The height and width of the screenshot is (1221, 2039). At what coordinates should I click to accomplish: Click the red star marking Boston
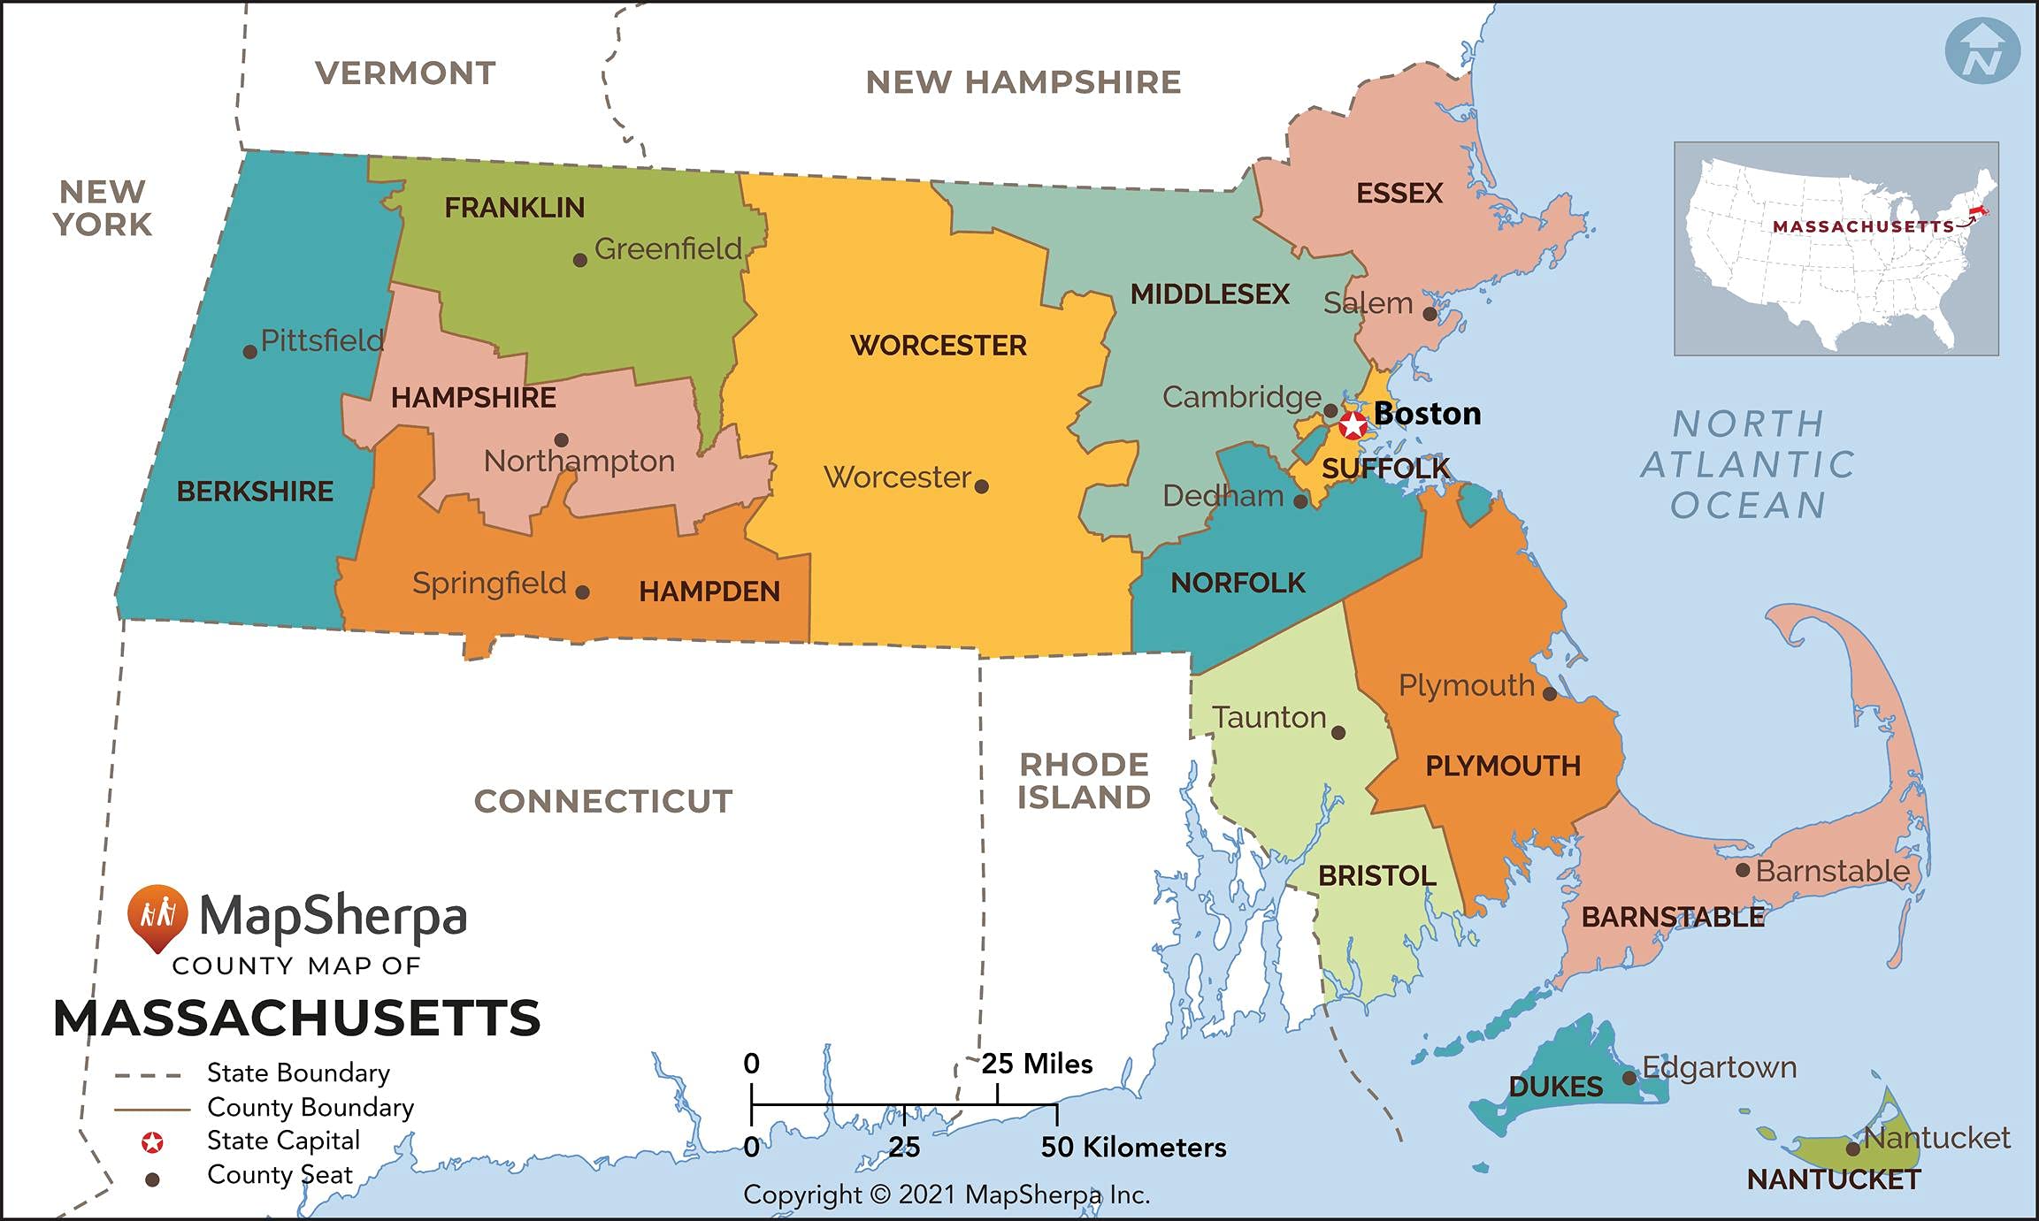pyautogui.click(x=1353, y=425)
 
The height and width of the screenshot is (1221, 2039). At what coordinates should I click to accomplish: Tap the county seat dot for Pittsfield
pyautogui.click(x=250, y=352)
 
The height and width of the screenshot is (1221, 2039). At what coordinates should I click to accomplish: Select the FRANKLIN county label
pyautogui.click(x=514, y=208)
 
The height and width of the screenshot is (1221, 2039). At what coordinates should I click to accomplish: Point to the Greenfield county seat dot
pyautogui.click(x=580, y=260)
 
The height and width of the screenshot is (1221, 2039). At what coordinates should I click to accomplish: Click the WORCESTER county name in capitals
pyautogui.click(x=939, y=345)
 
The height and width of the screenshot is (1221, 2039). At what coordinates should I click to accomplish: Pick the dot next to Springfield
pyautogui.click(x=582, y=592)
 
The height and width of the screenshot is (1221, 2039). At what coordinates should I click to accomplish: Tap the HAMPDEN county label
pyautogui.click(x=709, y=591)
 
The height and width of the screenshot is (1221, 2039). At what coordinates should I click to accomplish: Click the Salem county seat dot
pyautogui.click(x=1430, y=314)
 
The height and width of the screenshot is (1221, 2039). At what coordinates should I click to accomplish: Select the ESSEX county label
pyautogui.click(x=1399, y=193)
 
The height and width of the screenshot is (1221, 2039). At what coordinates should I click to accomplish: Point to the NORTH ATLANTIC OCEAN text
pyautogui.click(x=1748, y=464)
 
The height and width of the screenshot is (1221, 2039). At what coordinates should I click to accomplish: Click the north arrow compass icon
pyautogui.click(x=1982, y=50)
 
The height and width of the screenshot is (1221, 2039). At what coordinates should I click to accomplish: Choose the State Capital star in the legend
pyautogui.click(x=152, y=1142)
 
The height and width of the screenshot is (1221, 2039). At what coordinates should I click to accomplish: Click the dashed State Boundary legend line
pyautogui.click(x=148, y=1075)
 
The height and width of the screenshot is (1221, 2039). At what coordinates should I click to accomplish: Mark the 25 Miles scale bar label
pyautogui.click(x=1037, y=1064)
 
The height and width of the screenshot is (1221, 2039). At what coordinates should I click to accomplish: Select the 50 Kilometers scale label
pyautogui.click(x=1133, y=1148)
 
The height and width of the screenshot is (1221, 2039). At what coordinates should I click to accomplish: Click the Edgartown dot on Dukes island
pyautogui.click(x=1629, y=1078)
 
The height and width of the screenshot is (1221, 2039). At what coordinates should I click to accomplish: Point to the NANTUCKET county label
pyautogui.click(x=1834, y=1179)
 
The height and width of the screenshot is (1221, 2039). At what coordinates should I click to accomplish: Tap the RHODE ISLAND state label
pyautogui.click(x=1084, y=781)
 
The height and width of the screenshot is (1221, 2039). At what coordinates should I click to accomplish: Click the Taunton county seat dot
pyautogui.click(x=1338, y=733)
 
